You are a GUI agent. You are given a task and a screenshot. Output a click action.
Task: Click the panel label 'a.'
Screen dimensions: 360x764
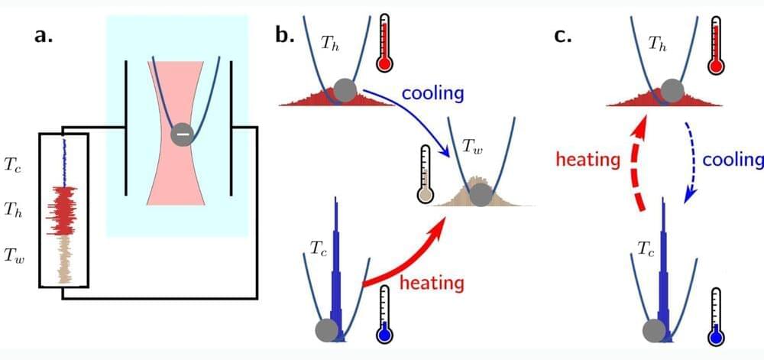(x=43, y=36)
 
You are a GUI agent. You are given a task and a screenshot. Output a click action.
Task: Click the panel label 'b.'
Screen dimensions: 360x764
(x=286, y=36)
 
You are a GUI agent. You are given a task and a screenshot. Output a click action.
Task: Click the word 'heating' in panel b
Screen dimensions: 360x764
(x=432, y=283)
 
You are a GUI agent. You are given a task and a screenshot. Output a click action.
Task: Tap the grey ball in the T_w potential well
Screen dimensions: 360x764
(x=481, y=196)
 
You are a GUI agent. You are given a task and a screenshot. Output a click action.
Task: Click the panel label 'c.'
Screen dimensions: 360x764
(x=563, y=36)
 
